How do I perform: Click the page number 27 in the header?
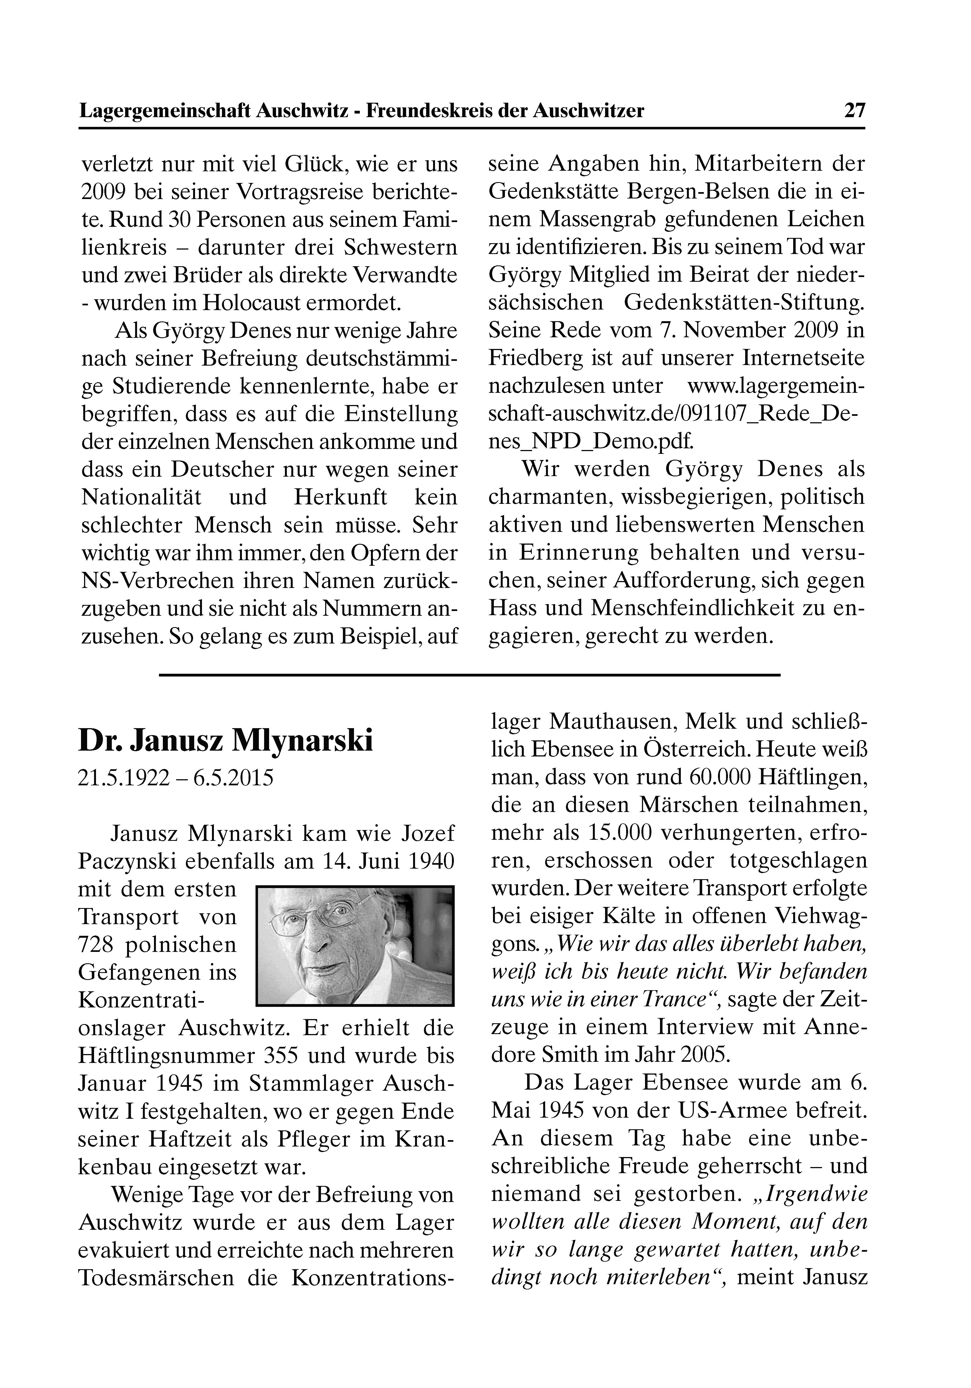coord(854,111)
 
